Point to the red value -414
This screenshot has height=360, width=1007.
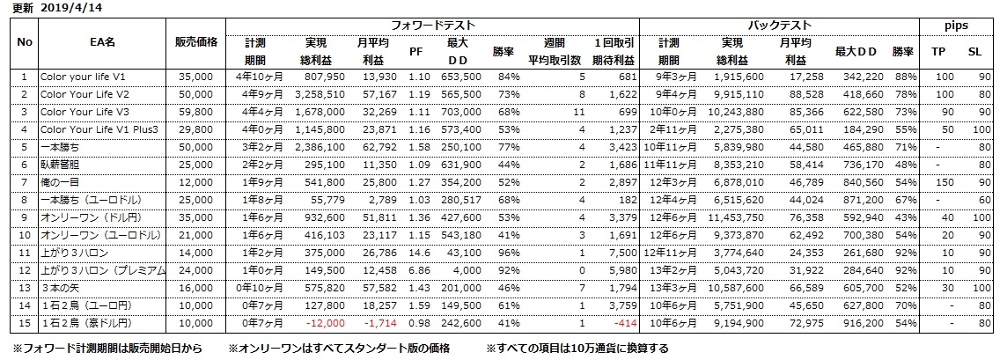click(623, 321)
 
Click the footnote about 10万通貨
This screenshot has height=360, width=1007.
click(577, 349)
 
